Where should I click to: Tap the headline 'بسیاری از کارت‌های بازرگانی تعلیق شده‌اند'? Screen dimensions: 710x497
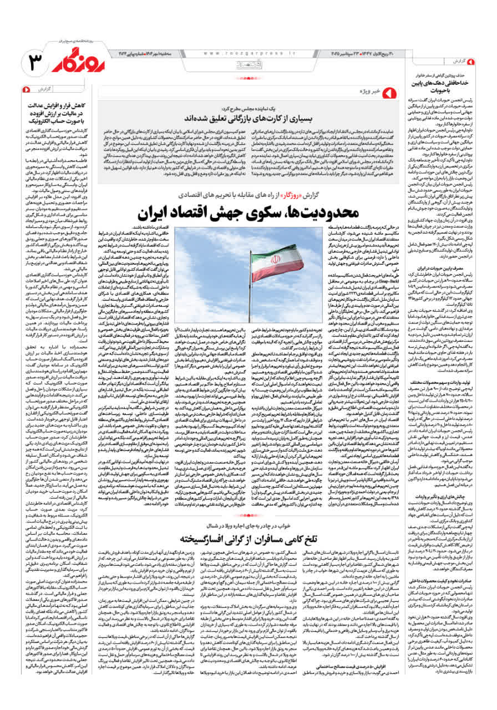coord(253,118)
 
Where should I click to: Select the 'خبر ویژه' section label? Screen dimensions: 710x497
coord(370,90)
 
